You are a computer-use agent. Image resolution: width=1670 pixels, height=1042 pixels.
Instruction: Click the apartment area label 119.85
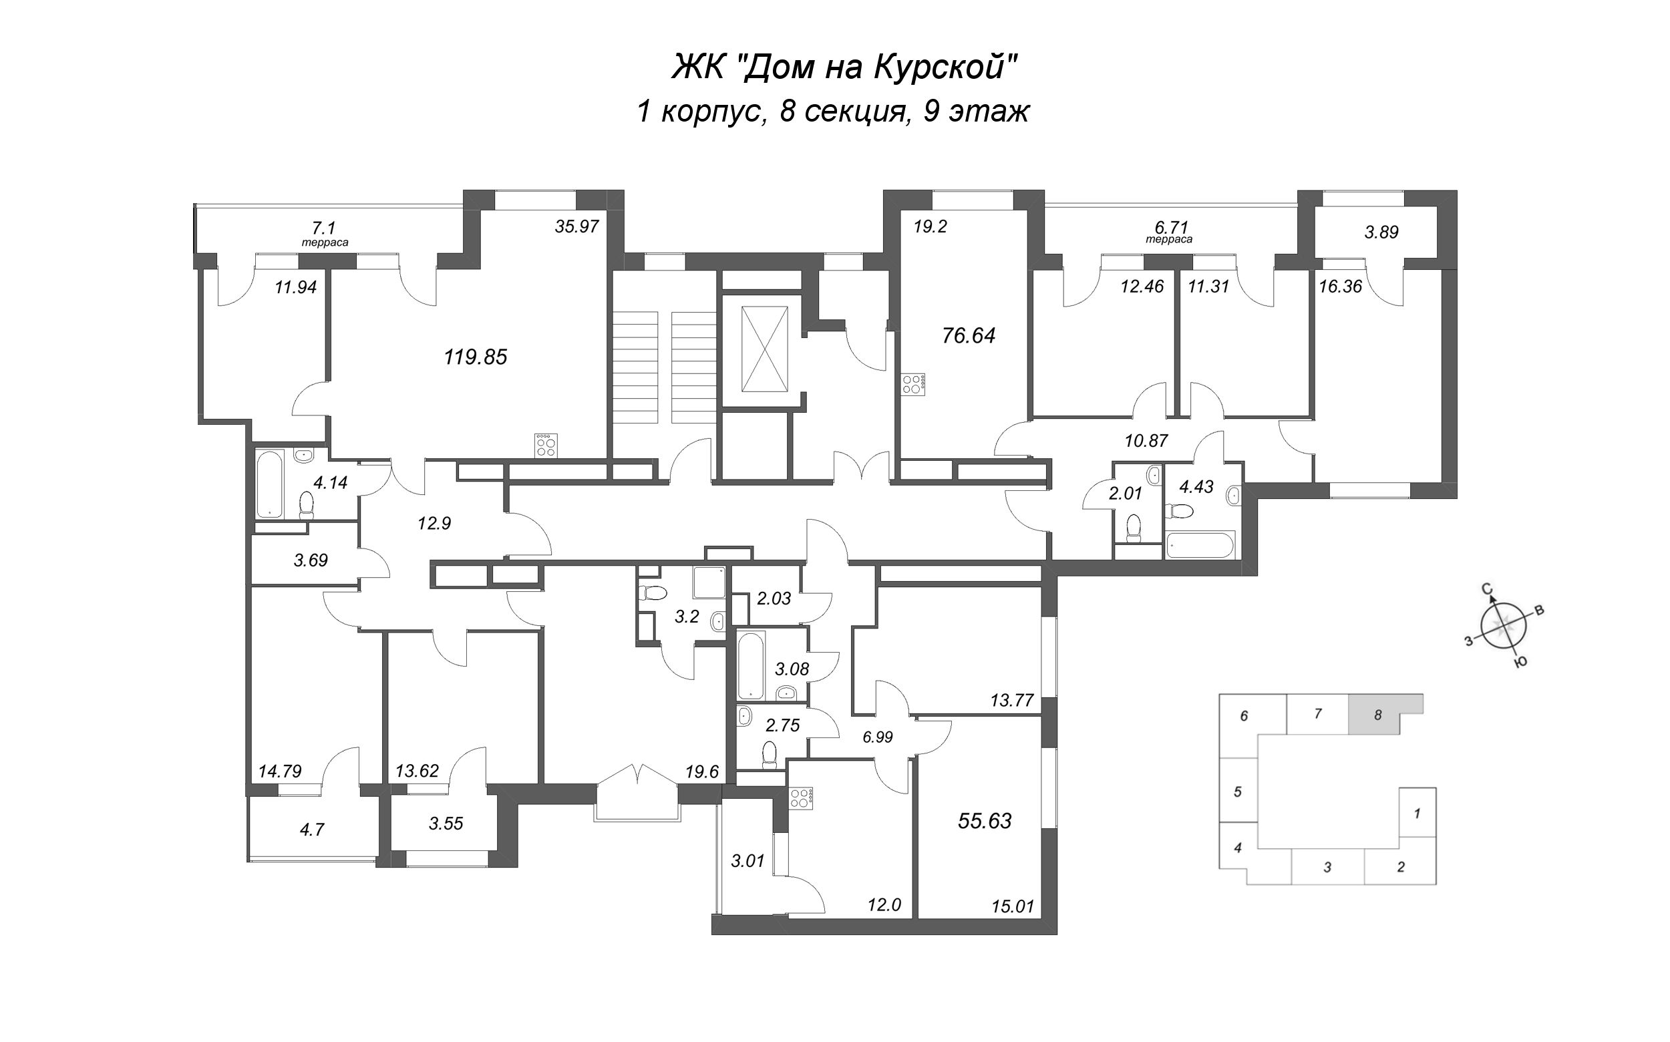tap(476, 357)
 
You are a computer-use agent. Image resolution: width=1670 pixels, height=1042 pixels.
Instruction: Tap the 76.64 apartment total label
tap(969, 335)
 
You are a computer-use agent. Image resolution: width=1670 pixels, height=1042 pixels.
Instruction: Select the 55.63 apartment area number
tap(985, 821)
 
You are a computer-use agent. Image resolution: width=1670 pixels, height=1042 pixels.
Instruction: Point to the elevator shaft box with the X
tap(764, 349)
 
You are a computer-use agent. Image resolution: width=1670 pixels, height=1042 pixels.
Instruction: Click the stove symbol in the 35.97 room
tap(546, 446)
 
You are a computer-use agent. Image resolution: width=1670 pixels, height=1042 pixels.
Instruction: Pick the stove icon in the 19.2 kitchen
tap(913, 384)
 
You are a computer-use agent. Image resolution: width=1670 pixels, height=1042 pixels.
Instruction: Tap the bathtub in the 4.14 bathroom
tap(269, 484)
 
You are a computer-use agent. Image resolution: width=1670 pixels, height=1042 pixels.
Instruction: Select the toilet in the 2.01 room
tap(1134, 528)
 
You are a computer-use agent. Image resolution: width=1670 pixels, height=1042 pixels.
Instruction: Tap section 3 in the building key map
tap(1327, 867)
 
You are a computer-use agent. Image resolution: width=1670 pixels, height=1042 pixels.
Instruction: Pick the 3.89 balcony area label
tap(1381, 232)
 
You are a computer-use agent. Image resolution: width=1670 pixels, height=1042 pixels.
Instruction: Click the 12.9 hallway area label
tap(434, 524)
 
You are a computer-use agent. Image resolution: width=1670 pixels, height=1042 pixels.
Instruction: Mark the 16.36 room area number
tap(1340, 286)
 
